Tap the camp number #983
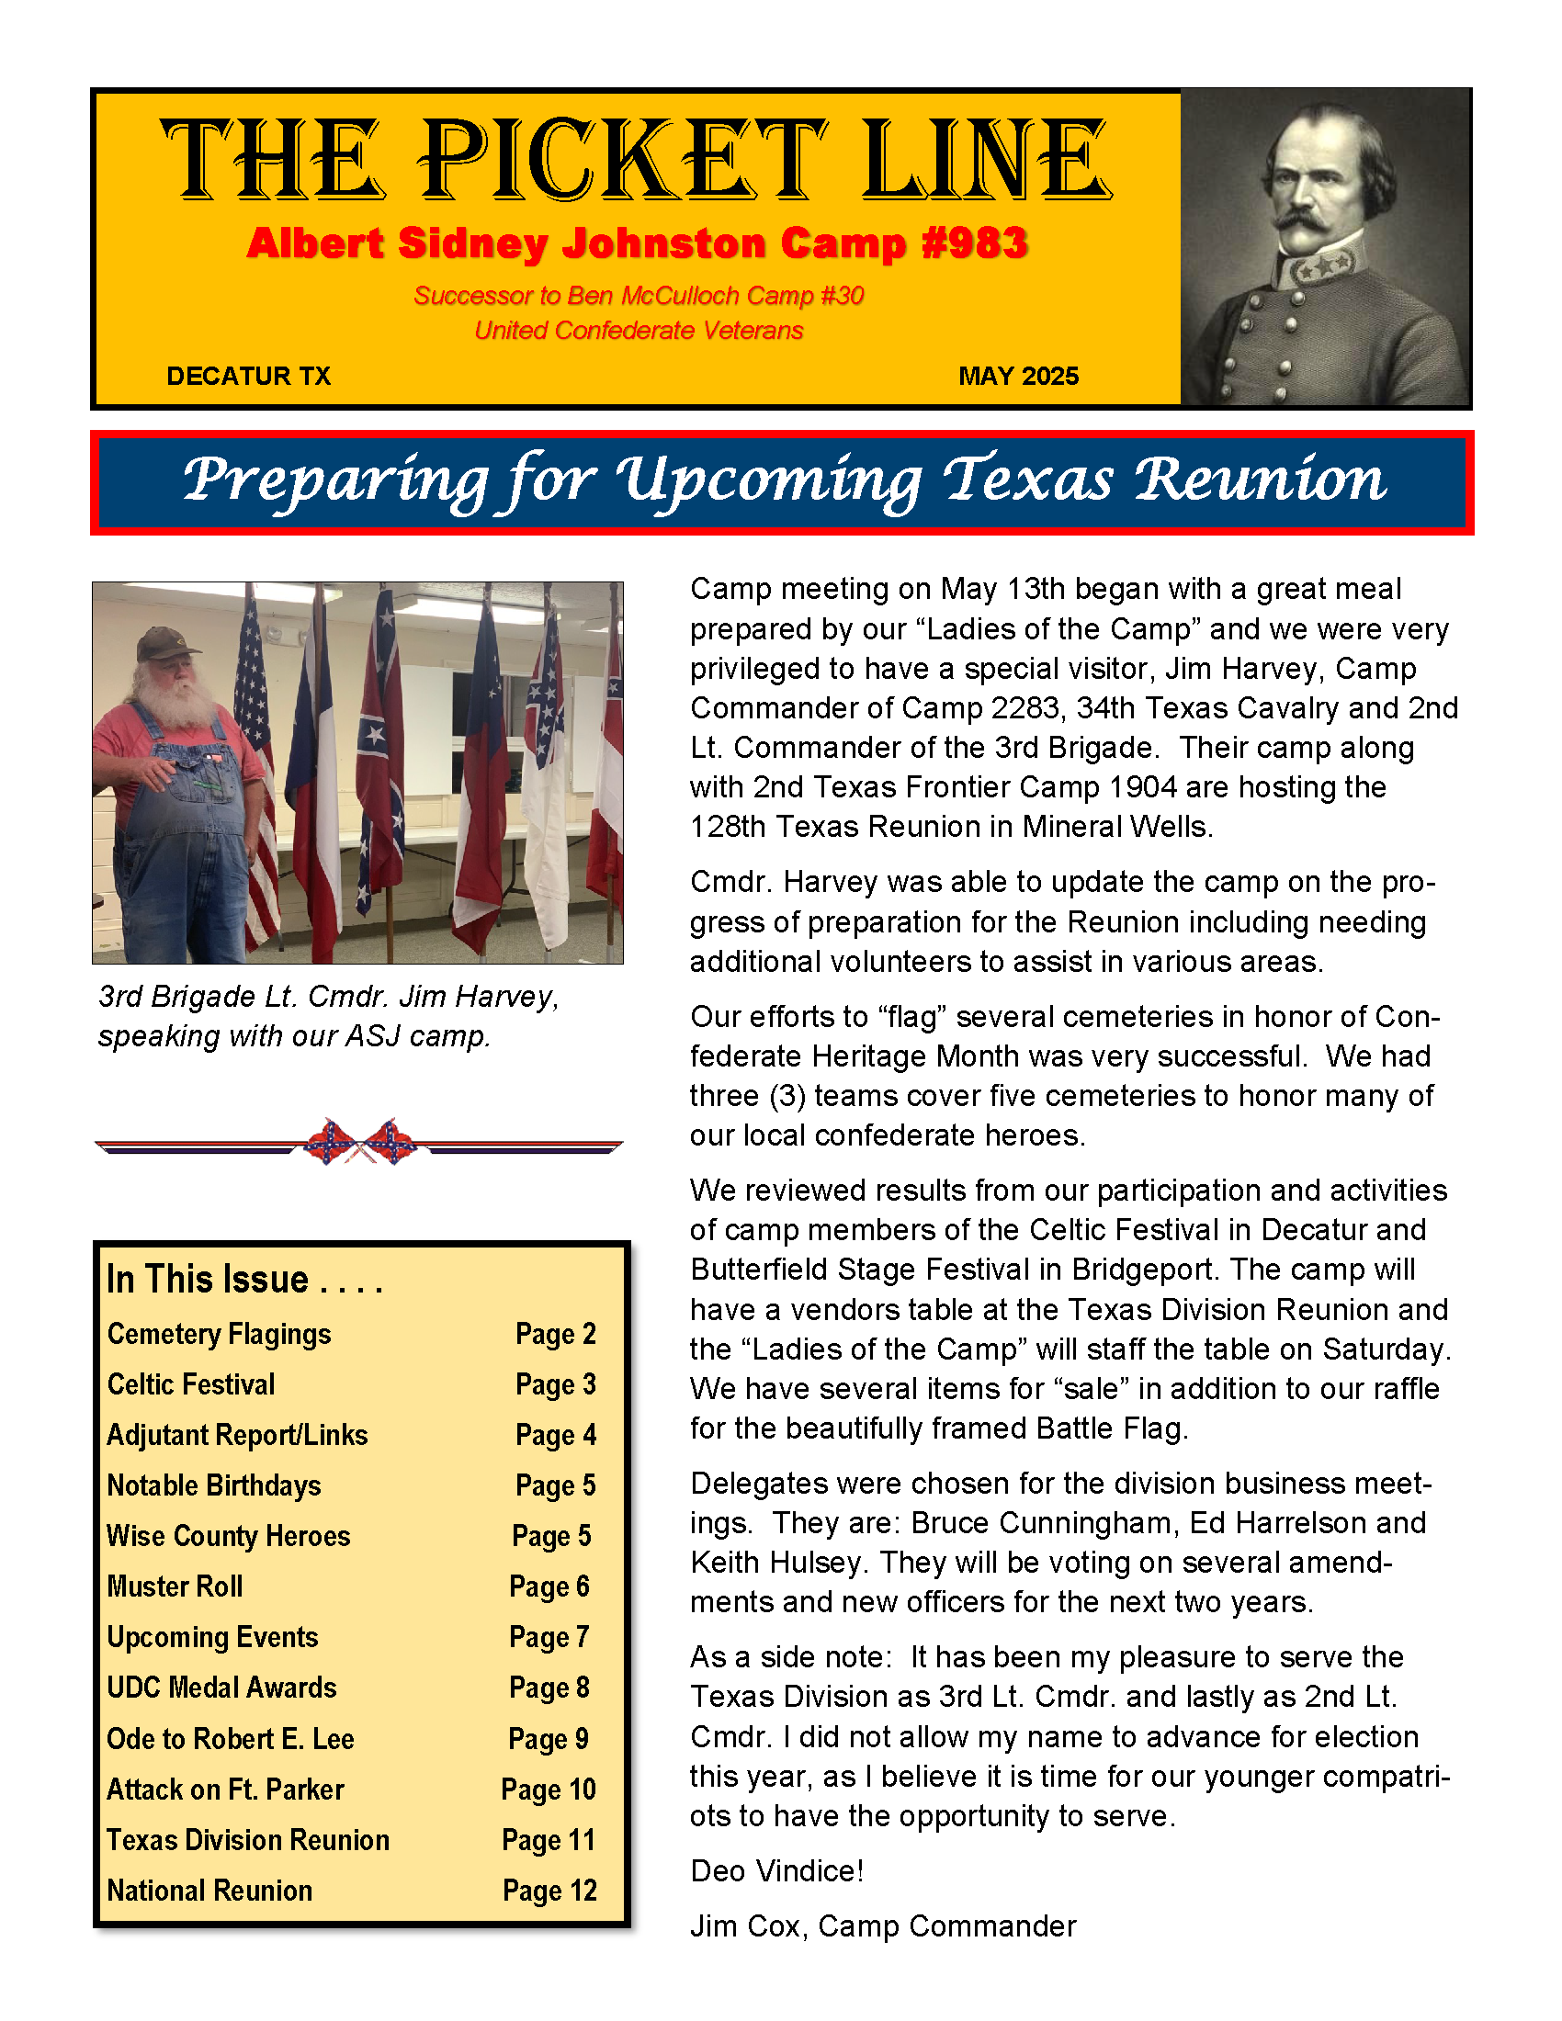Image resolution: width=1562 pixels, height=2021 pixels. point(974,243)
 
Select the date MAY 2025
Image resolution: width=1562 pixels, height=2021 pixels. point(1018,376)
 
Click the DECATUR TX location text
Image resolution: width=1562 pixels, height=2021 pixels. point(248,376)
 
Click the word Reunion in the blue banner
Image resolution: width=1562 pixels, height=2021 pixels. point(1260,480)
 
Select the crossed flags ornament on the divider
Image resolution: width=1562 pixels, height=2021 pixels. point(360,1141)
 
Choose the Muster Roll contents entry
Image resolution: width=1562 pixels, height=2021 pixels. point(175,1586)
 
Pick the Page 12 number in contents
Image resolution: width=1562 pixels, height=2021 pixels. point(549,1891)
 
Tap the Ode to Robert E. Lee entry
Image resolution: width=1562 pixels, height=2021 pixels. point(231,1739)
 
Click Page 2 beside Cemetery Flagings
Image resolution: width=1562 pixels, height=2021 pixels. point(555,1334)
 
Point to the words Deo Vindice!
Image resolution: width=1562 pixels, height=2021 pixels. point(776,1871)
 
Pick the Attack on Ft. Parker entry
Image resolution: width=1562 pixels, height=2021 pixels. point(225,1790)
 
